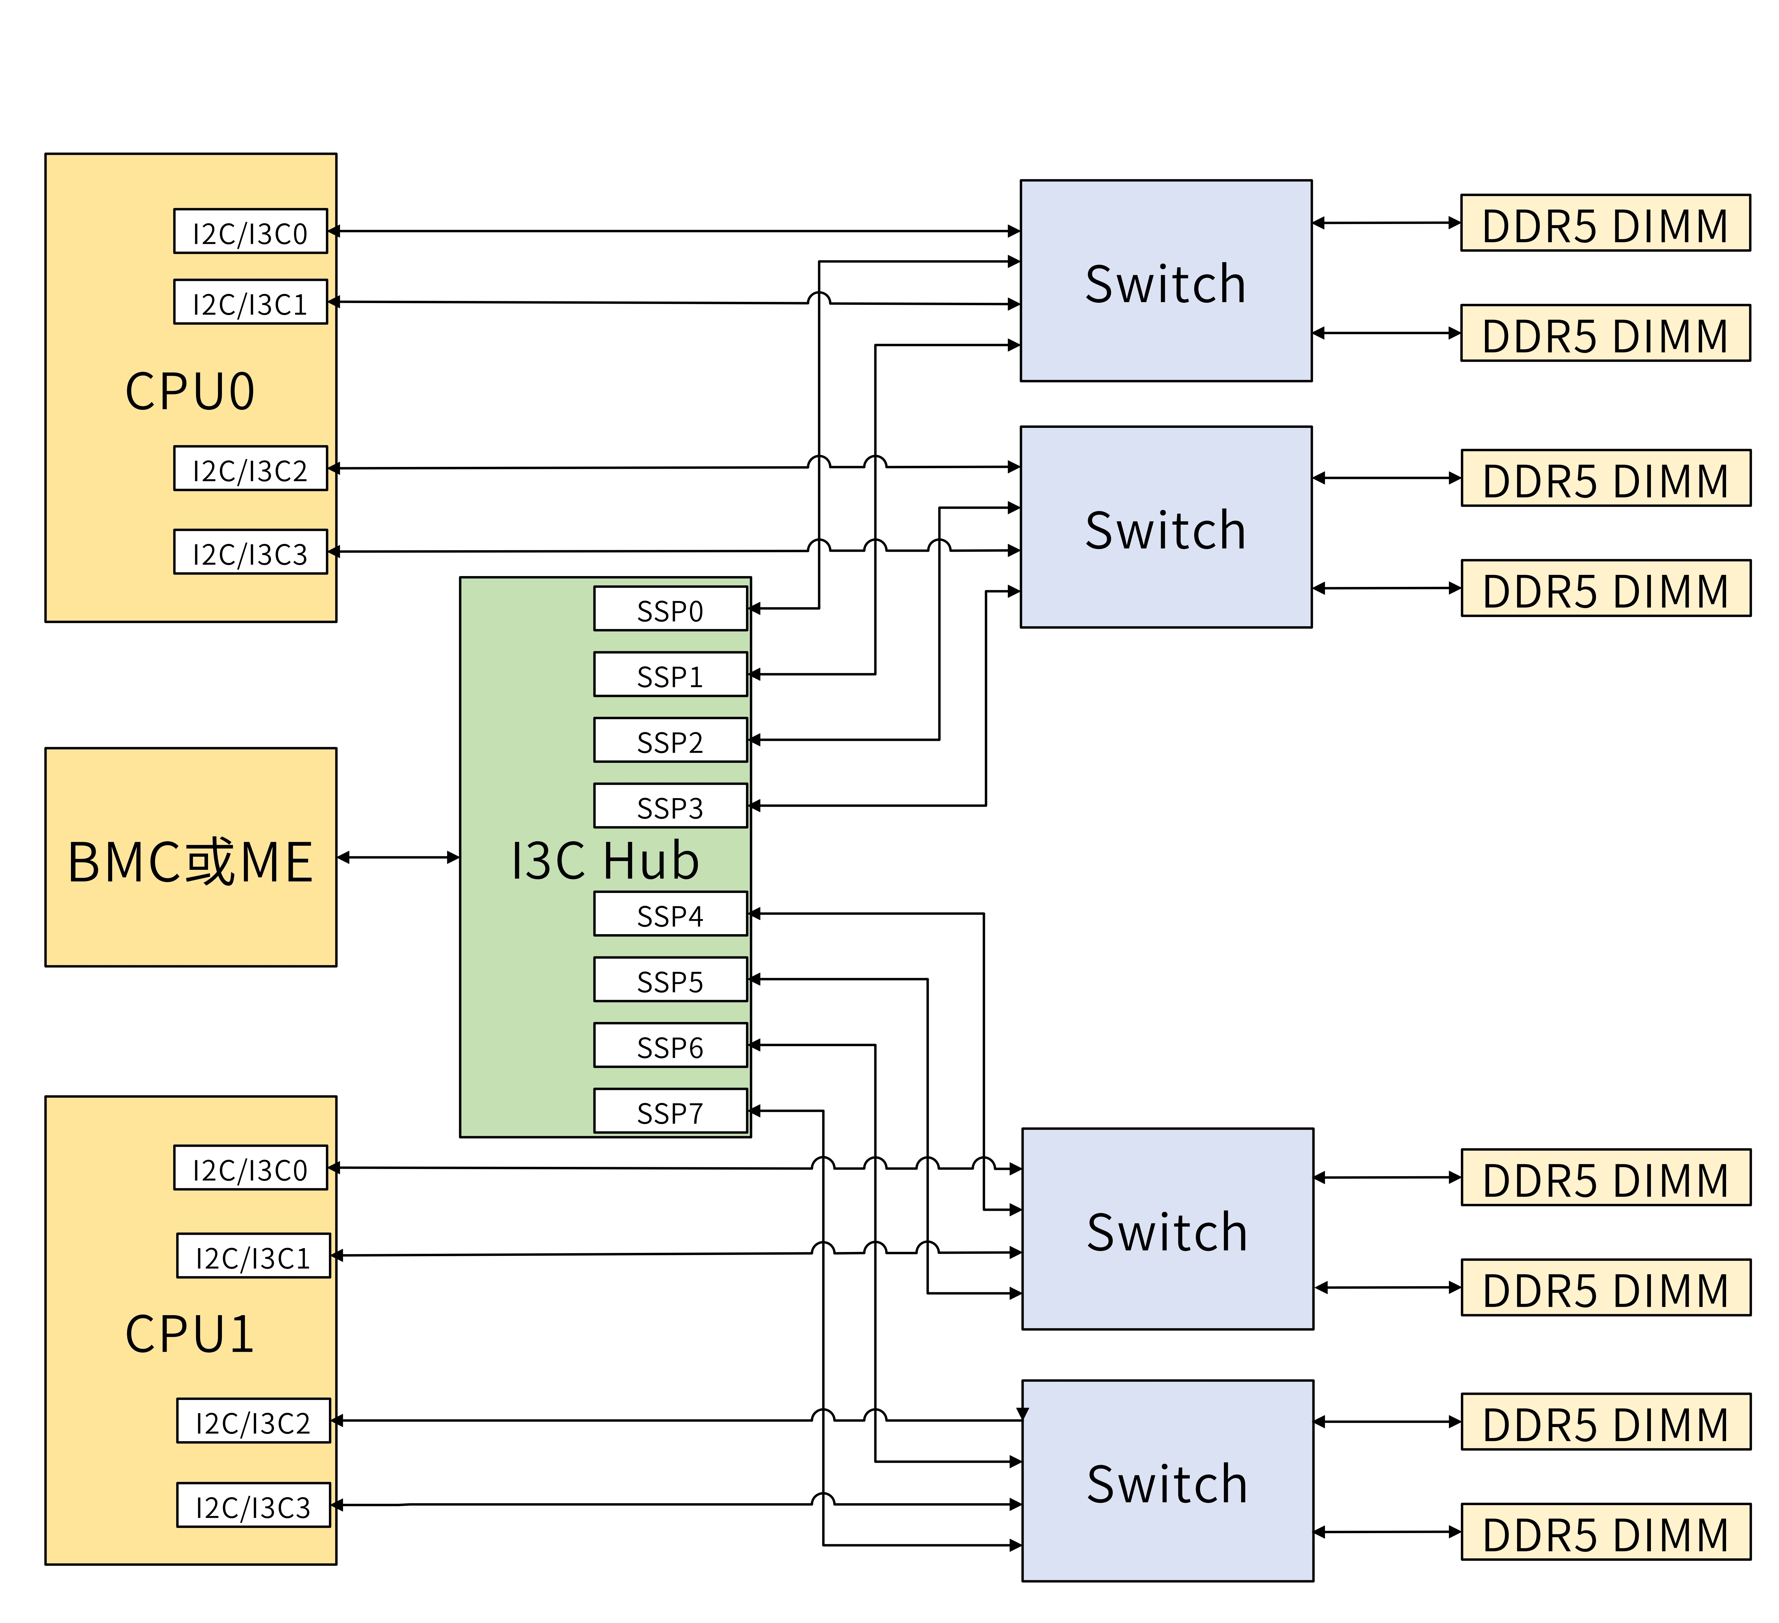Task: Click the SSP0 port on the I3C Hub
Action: tap(670, 609)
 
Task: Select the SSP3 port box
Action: tap(670, 806)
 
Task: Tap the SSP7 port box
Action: tap(670, 1111)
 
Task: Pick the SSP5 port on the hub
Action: tap(670, 980)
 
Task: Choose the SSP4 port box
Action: tap(670, 914)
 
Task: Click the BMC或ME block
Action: tap(191, 858)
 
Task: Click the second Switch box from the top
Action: tap(1166, 528)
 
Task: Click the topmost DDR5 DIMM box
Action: tap(1605, 223)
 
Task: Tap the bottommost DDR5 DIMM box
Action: tap(1605, 1532)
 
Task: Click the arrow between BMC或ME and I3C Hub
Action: tap(398, 857)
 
